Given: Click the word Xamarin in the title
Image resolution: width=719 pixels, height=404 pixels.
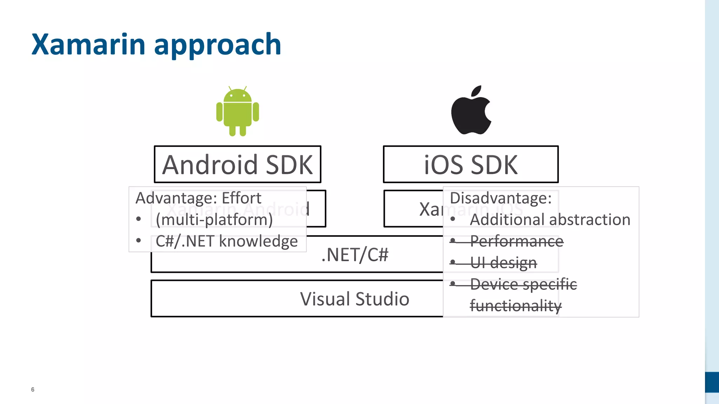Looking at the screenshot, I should (x=88, y=45).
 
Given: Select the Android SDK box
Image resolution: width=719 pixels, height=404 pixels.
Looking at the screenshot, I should (x=238, y=164).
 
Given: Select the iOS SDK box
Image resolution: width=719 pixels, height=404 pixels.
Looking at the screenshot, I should (x=470, y=164).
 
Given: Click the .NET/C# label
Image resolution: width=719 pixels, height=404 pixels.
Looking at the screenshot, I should (x=355, y=255).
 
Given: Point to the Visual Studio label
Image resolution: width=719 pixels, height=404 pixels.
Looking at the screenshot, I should (x=355, y=299).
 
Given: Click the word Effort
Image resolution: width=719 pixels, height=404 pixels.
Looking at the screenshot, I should (x=242, y=198).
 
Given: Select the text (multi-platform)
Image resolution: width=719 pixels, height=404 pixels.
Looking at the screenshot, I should (x=214, y=220).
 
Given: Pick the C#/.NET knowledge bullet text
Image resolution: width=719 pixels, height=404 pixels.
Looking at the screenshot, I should (x=226, y=241).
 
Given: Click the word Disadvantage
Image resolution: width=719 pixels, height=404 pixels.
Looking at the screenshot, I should (x=500, y=198).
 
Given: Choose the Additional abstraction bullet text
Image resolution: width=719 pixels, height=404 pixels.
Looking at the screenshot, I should (x=550, y=220).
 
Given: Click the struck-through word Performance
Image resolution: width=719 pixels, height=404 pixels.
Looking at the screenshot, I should (x=516, y=241).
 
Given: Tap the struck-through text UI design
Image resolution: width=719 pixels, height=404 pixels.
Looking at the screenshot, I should (x=503, y=263).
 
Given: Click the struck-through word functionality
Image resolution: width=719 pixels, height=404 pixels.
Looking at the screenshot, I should (x=516, y=305).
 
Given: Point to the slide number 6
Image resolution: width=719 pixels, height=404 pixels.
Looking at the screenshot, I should (x=33, y=390).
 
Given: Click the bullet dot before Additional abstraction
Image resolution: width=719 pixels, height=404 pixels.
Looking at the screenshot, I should (x=453, y=219).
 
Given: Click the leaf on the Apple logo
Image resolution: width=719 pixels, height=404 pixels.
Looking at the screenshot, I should (x=476, y=91).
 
